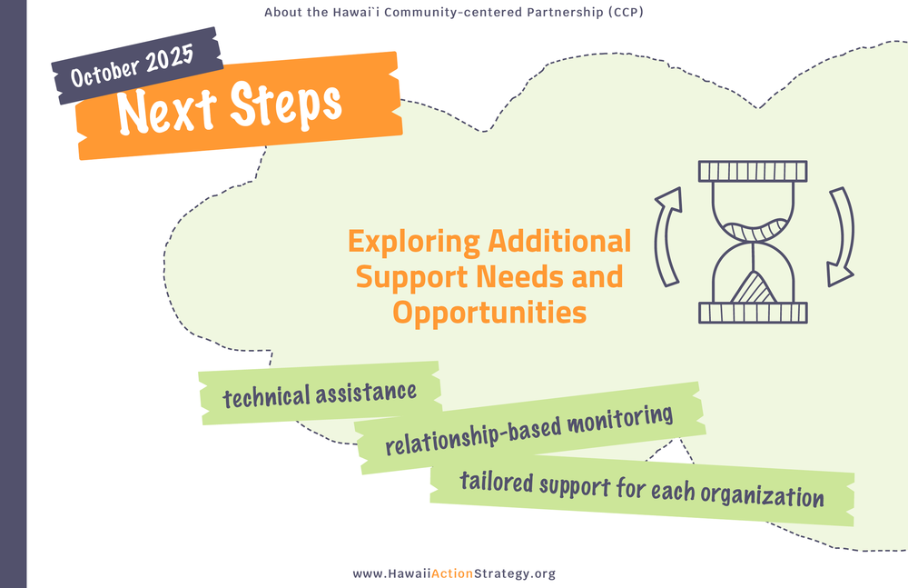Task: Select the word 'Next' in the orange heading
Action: click(169, 110)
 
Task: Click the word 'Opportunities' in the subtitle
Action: click(489, 313)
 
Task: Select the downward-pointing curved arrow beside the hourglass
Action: click(841, 234)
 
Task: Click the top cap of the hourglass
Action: click(753, 171)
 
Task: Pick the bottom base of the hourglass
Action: click(753, 313)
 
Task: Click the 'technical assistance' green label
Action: click(320, 394)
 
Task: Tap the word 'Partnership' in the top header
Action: click(563, 13)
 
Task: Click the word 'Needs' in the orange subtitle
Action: click(539, 276)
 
